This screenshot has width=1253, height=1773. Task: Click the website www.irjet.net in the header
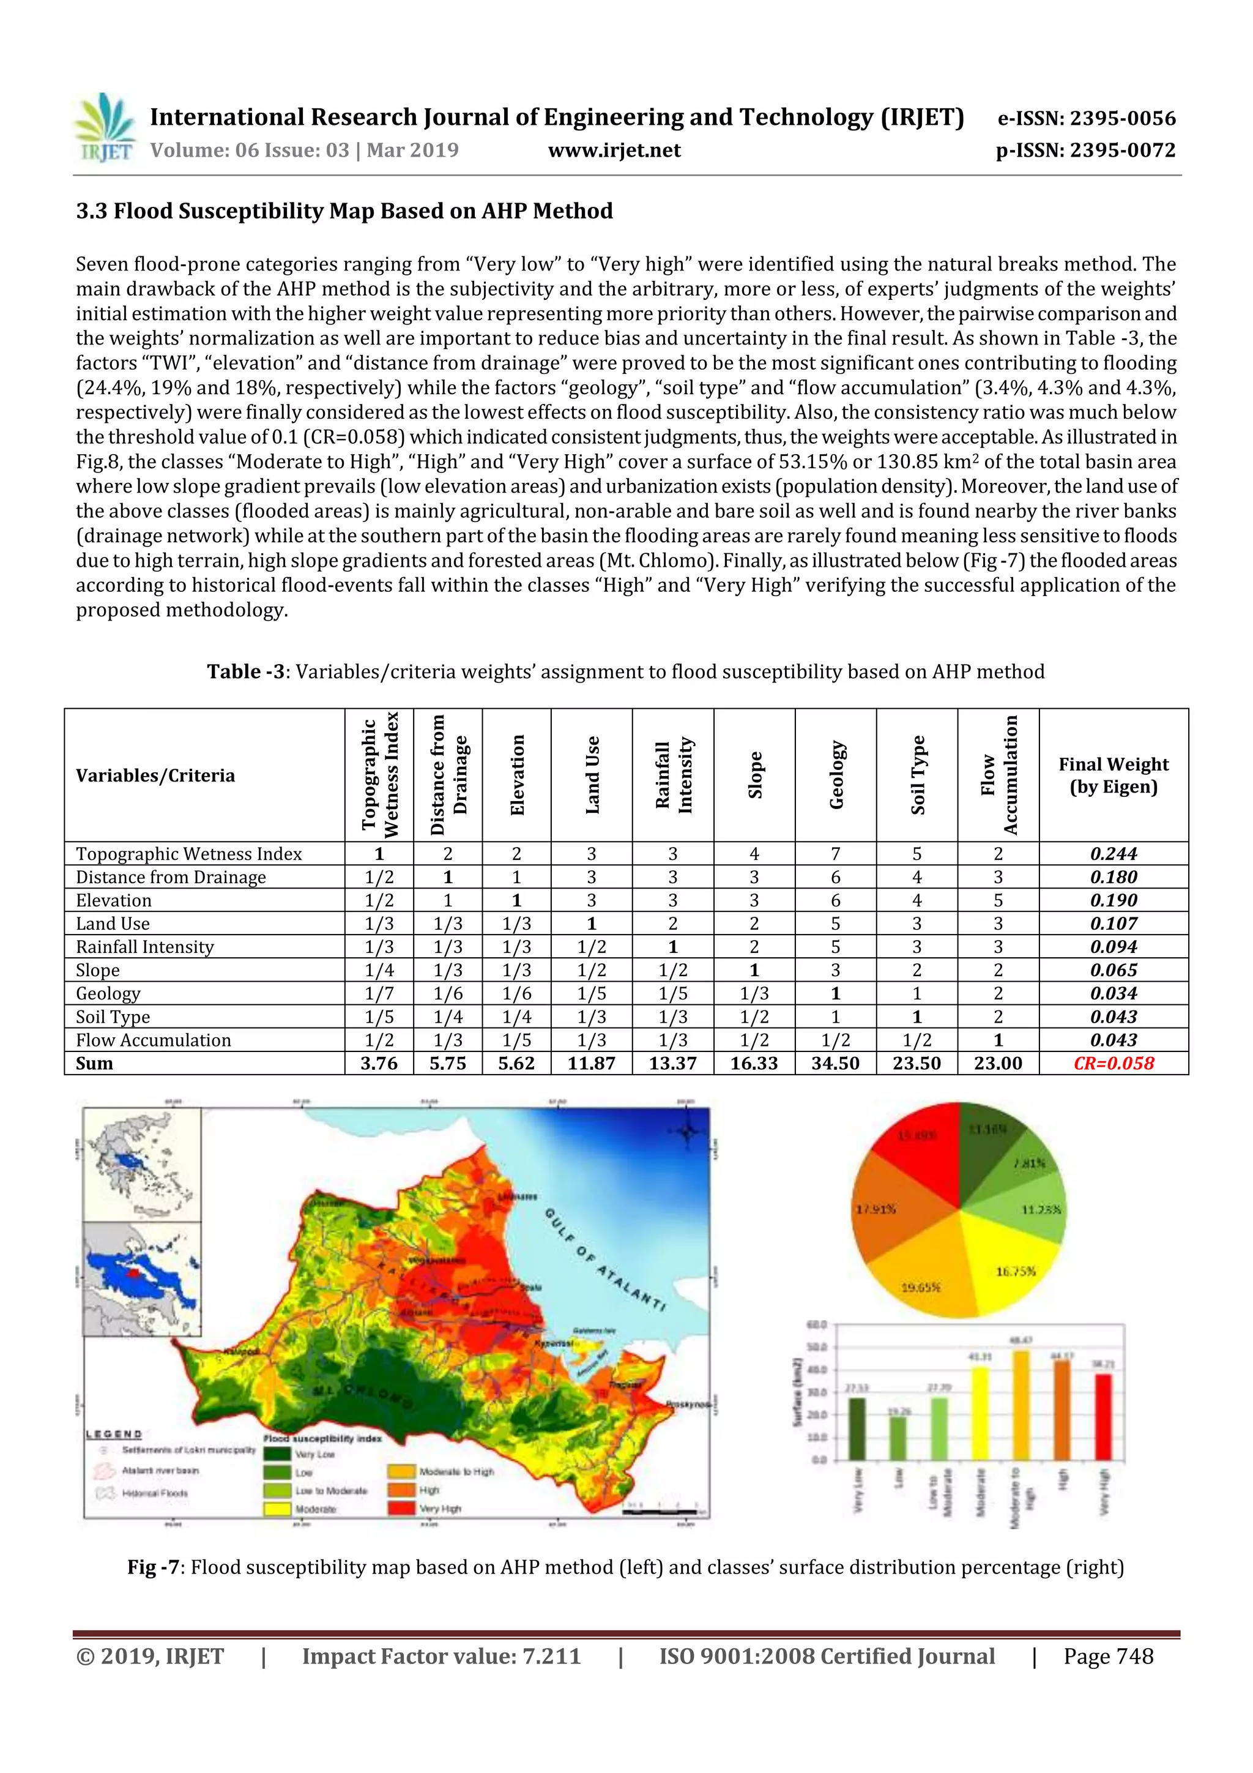[x=614, y=151]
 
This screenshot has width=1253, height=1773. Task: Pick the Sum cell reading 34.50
[x=835, y=1063]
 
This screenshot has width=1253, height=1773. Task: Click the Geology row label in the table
[x=108, y=994]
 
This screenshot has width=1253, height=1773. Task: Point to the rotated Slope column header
[x=754, y=775]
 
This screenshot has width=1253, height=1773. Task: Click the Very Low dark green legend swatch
[x=277, y=1454]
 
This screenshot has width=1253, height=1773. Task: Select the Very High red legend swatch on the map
[x=401, y=1508]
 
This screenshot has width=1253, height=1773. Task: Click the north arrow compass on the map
[x=687, y=1132]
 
